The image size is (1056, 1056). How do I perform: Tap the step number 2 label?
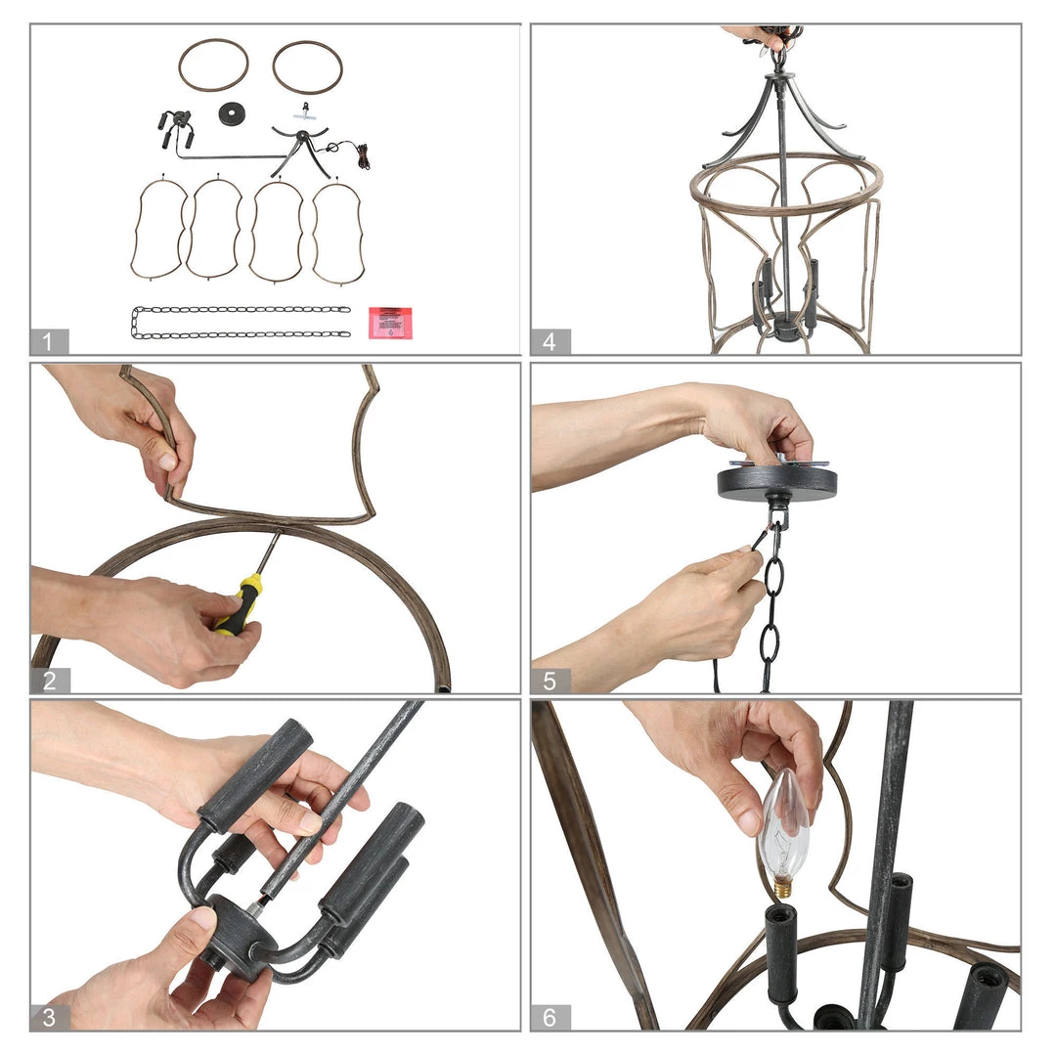[49, 681]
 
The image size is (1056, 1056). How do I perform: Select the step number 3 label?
[49, 1017]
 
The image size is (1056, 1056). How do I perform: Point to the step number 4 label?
[550, 341]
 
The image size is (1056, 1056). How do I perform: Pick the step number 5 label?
[550, 681]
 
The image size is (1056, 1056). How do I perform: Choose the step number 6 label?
[550, 1017]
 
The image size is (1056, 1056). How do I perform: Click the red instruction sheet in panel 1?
[390, 324]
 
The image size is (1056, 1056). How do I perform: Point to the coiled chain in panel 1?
[242, 322]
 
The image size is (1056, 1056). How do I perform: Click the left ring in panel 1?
[213, 65]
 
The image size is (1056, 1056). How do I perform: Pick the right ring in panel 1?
[307, 66]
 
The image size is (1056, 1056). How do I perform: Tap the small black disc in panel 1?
[232, 113]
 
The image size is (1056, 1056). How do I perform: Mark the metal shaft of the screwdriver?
[269, 552]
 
